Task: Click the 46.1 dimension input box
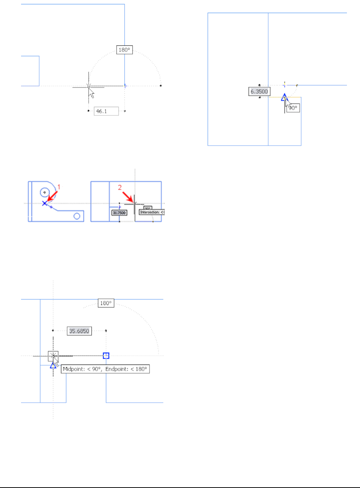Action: pyautogui.click(x=106, y=111)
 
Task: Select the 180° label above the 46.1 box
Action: pyautogui.click(x=124, y=50)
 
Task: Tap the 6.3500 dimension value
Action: pyautogui.click(x=259, y=91)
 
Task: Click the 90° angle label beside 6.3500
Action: pyautogui.click(x=293, y=108)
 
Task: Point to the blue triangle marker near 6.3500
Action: pyautogui.click(x=284, y=97)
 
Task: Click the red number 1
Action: pyautogui.click(x=59, y=187)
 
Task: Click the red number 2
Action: pyautogui.click(x=120, y=187)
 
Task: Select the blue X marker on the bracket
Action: pyautogui.click(x=45, y=203)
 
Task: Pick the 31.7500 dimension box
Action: pyautogui.click(x=119, y=213)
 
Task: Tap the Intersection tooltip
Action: pyautogui.click(x=152, y=212)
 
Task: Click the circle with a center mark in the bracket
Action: pyautogui.click(x=45, y=192)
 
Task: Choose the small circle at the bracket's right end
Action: pyautogui.click(x=77, y=216)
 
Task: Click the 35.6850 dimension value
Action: pyautogui.click(x=79, y=331)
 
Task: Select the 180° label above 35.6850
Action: pyautogui.click(x=106, y=303)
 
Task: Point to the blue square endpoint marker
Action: pyautogui.click(x=106, y=355)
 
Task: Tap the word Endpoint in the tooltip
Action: pyautogui.click(x=117, y=369)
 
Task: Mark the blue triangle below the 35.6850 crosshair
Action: pyautogui.click(x=53, y=365)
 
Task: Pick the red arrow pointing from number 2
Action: pyautogui.click(x=128, y=197)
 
